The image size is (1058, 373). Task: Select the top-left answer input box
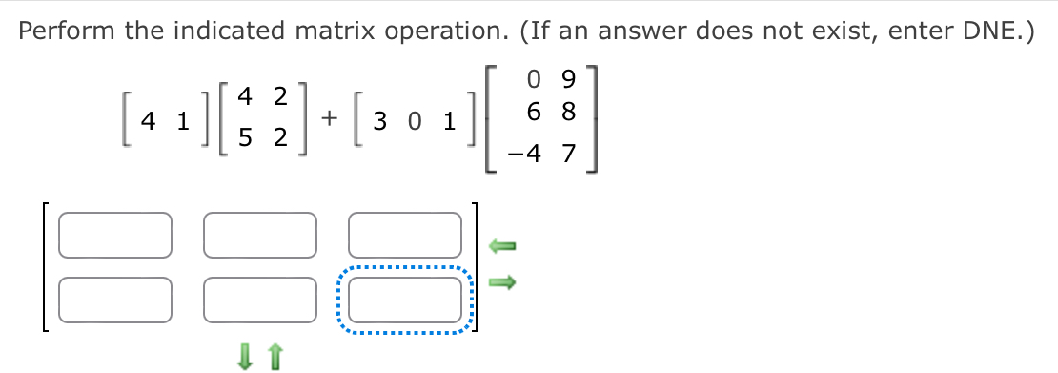pos(115,237)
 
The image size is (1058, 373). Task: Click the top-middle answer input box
pos(259,237)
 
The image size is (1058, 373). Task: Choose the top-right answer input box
pos(404,237)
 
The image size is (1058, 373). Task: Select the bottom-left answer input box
pos(115,300)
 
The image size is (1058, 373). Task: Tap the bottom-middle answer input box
pos(259,300)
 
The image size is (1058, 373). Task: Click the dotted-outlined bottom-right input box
pos(404,300)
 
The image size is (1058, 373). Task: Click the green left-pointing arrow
pos(501,247)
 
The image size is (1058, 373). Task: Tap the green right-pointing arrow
pos(501,281)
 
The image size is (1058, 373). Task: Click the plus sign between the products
pos(329,119)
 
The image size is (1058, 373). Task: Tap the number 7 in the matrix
pos(568,154)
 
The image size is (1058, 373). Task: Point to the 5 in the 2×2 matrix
pos(245,138)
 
